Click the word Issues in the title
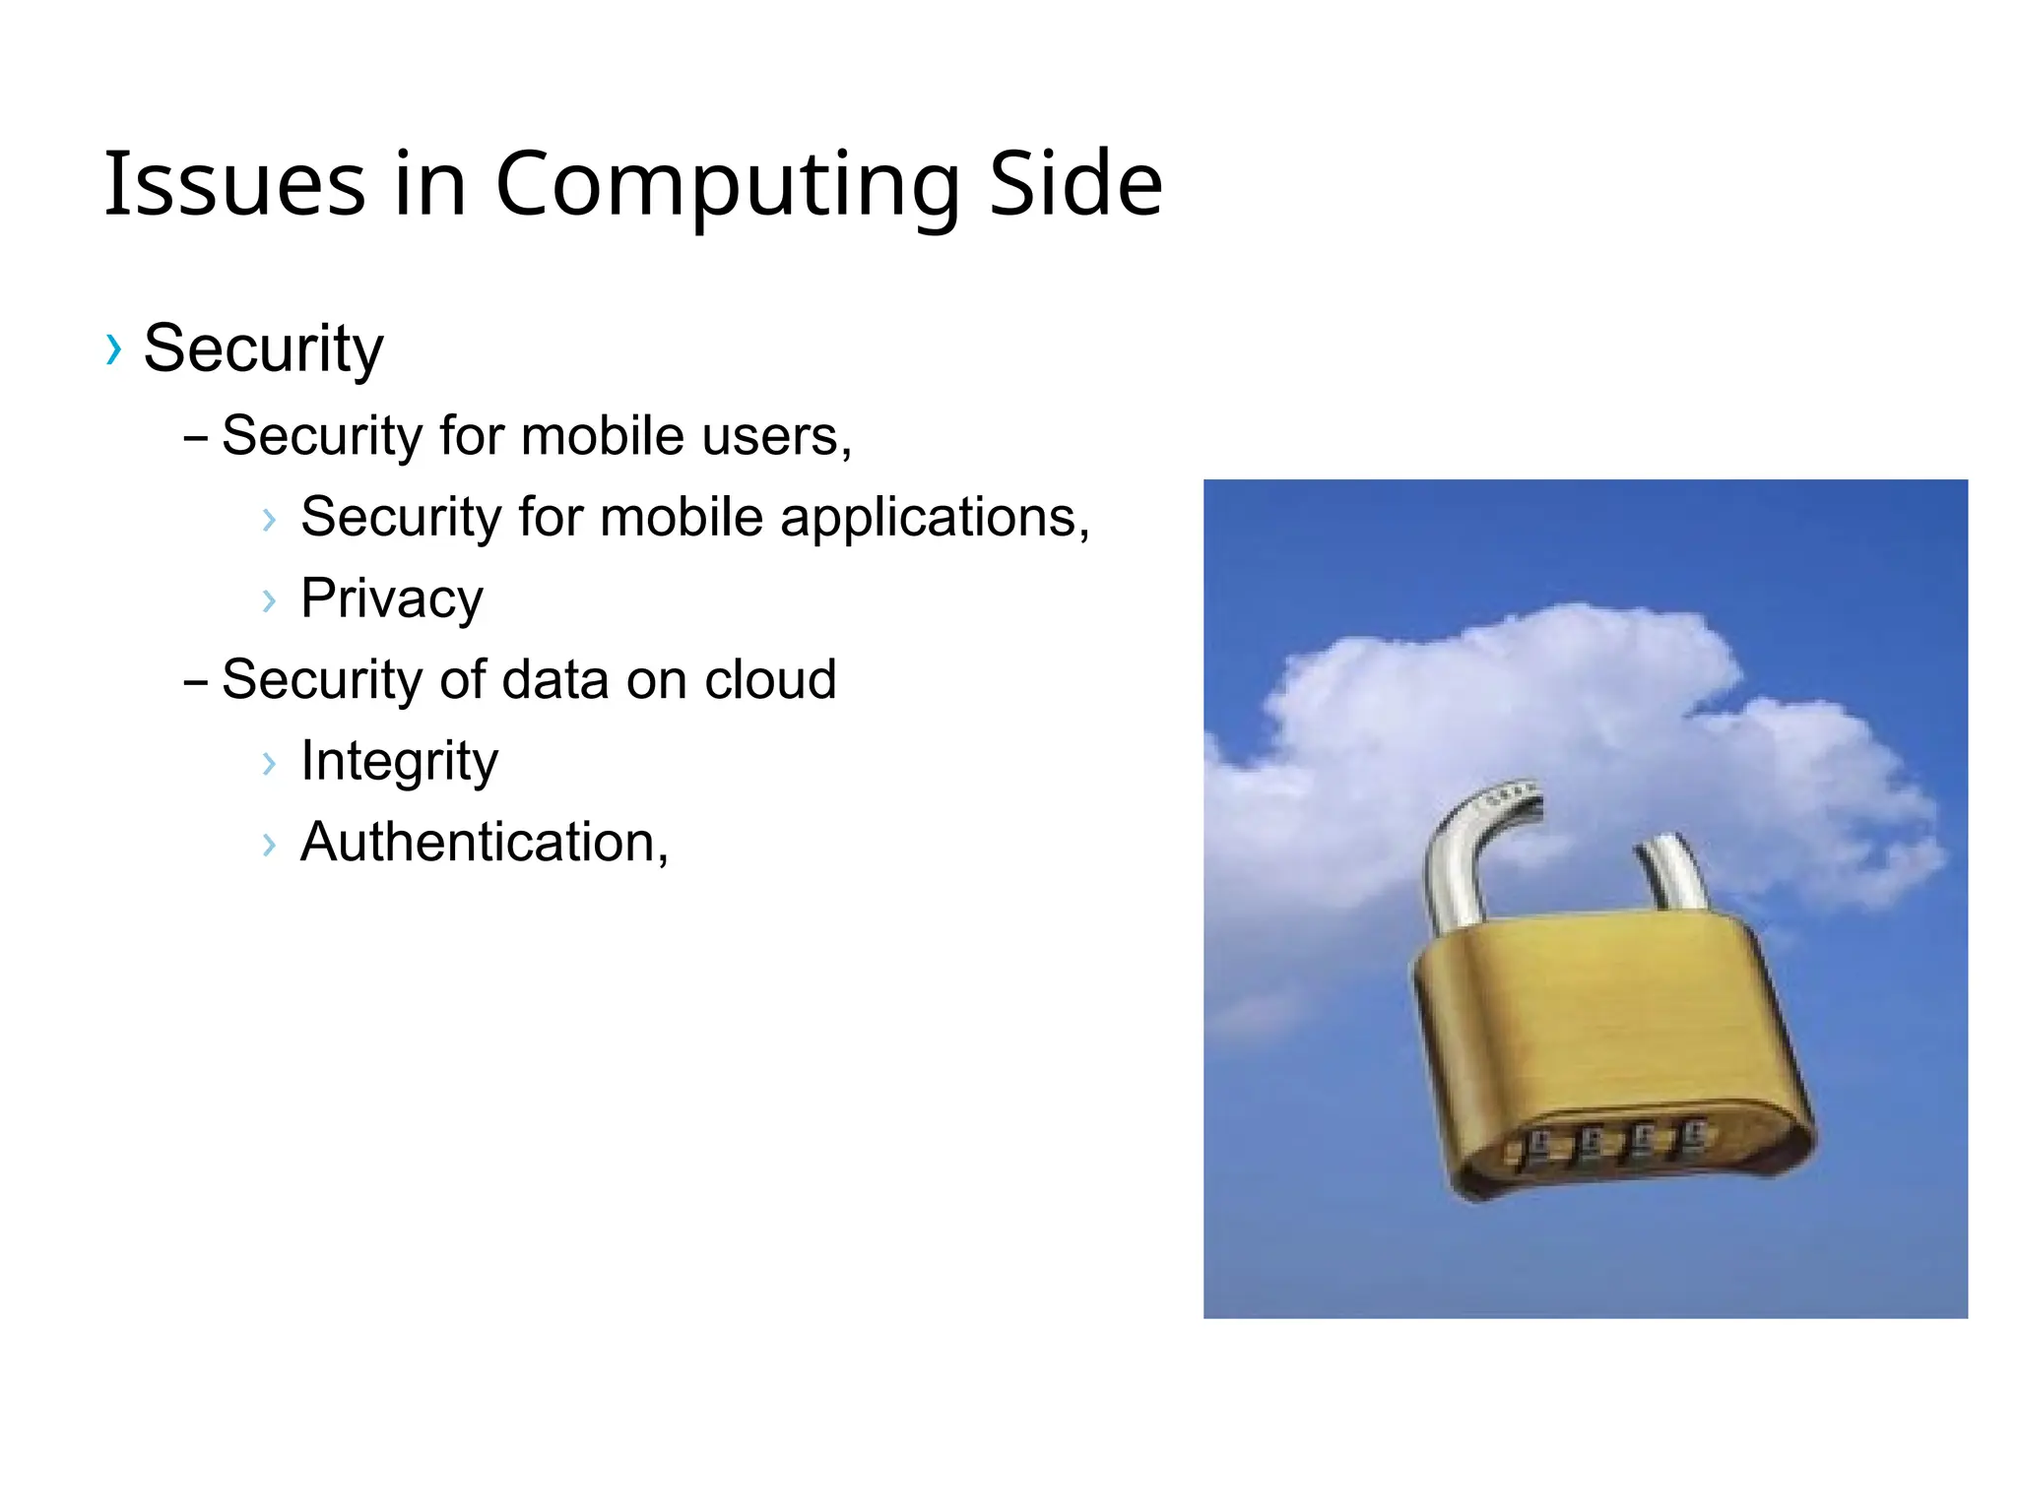[234, 184]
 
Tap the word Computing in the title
[727, 184]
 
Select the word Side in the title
[1074, 184]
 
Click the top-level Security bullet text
[263, 348]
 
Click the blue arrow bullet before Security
[114, 348]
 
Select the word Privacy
[392, 598]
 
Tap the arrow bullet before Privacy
[269, 599]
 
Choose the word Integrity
[399, 761]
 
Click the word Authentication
[484, 843]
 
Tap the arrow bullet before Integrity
[269, 762]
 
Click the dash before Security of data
[195, 681]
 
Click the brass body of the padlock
[1595, 1024]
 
